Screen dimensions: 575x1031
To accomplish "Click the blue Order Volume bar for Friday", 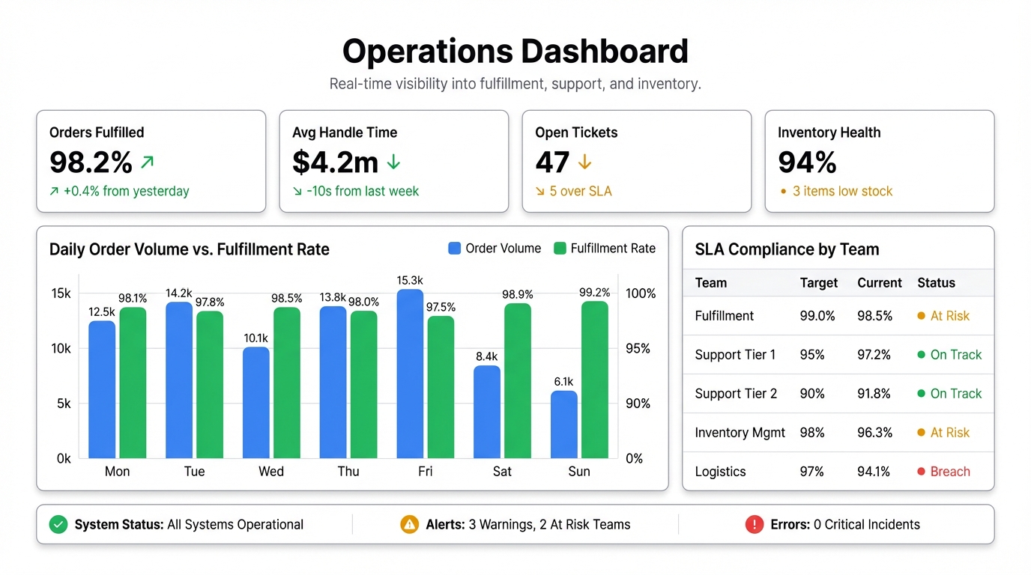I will pos(410,374).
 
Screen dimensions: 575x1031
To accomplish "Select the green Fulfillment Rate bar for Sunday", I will pos(594,380).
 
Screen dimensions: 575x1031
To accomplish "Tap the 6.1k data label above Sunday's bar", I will pos(563,382).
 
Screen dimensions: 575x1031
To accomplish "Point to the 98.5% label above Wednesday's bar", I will pos(286,298).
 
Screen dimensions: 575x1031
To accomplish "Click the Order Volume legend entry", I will pos(495,249).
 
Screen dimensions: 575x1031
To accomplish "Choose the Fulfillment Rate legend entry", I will pos(604,249).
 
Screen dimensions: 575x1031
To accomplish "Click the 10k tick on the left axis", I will pos(61,348).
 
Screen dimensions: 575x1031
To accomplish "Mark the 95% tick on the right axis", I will pos(638,348).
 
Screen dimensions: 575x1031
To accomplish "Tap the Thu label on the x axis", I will pos(348,472).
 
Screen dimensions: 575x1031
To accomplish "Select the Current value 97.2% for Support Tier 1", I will pos(874,355).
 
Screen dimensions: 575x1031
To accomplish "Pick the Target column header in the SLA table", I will pos(818,283).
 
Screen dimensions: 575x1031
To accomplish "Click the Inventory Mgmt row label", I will pos(740,433).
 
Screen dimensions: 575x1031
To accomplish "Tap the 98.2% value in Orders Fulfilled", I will pos(91,162).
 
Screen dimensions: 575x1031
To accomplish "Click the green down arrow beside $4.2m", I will pos(393,162).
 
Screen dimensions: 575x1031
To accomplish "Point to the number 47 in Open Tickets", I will pos(553,162).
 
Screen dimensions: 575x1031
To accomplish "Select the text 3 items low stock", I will pos(842,192).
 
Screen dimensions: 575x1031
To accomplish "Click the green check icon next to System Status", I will pos(58,525).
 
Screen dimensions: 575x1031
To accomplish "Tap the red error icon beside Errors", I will pos(754,525).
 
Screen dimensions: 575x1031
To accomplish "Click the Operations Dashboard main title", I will pos(515,52).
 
